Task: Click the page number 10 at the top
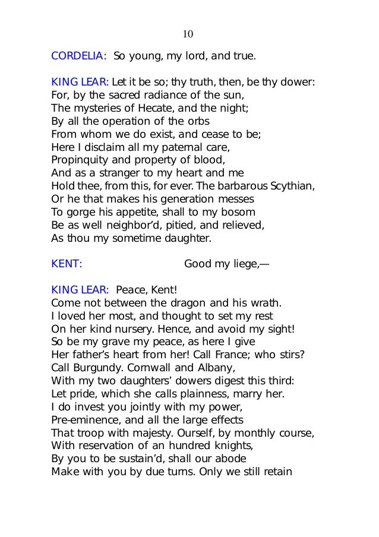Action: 188,34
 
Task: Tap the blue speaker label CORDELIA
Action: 78,57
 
